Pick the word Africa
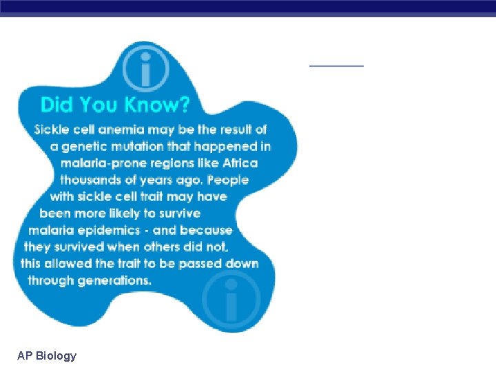click(x=240, y=163)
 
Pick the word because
click(x=207, y=230)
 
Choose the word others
click(x=153, y=247)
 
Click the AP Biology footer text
click(x=47, y=355)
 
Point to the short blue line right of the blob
click(x=336, y=65)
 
